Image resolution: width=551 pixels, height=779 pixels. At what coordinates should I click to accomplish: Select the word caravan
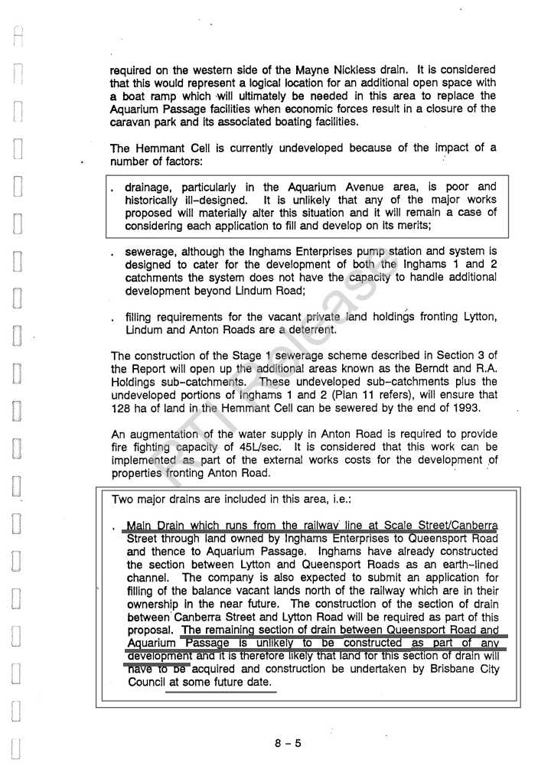tap(130, 122)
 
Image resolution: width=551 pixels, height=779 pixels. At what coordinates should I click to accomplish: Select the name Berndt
tap(417, 369)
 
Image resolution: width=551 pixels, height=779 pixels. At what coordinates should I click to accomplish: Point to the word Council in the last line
tap(147, 682)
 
